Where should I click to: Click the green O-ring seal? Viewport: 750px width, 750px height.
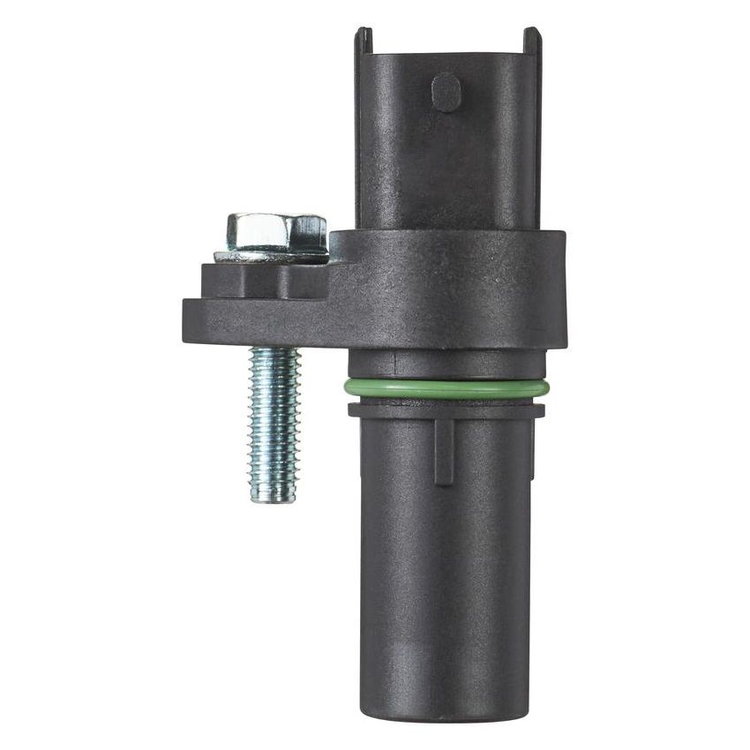point(446,388)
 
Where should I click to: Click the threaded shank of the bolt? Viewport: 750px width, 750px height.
point(274,415)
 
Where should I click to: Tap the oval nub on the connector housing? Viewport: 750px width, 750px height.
point(446,92)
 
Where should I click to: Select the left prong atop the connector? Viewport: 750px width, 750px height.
point(364,39)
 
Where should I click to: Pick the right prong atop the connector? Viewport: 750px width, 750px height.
point(531,39)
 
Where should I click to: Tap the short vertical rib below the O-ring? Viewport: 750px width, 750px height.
point(444,450)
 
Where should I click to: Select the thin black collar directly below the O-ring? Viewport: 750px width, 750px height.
point(446,409)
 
